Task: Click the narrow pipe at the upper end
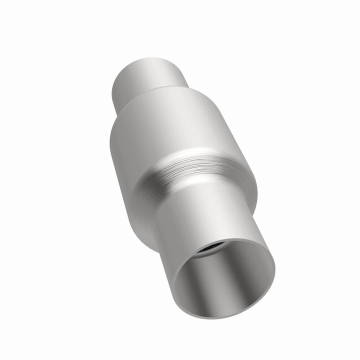coord(147,80)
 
